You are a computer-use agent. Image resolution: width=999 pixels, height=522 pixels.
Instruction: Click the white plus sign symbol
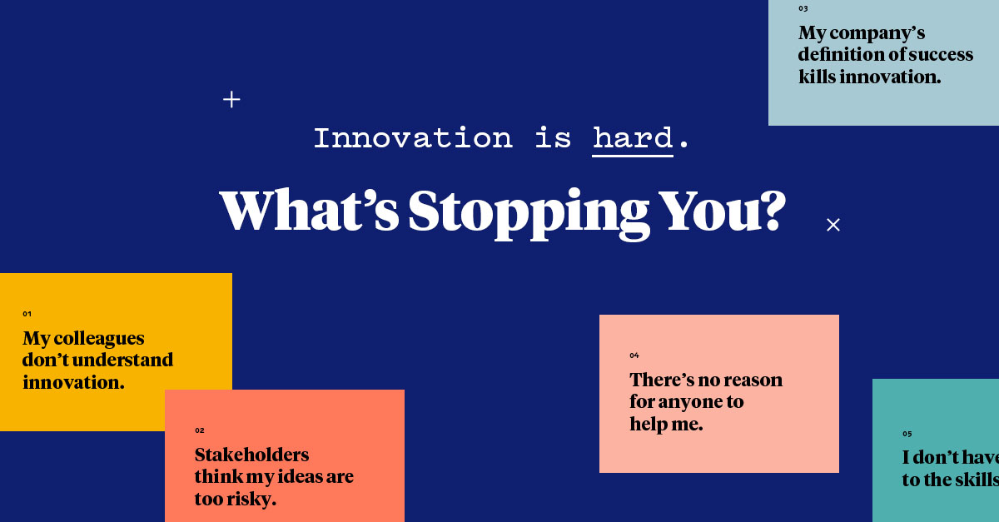point(231,100)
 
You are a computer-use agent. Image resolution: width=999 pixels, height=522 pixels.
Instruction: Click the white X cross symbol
point(833,225)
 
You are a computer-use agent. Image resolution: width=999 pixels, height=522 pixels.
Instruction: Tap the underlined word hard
point(633,137)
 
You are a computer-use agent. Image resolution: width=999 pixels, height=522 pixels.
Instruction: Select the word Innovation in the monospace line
point(413,137)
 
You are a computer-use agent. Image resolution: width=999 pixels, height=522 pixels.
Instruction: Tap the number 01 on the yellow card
point(27,314)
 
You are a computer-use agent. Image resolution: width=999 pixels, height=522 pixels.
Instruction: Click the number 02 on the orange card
point(200,430)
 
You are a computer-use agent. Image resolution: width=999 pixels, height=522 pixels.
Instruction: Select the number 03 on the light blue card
point(803,8)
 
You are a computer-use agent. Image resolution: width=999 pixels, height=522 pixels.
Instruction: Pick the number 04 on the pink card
point(634,355)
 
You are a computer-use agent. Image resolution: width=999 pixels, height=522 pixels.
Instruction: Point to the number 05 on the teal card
point(907,434)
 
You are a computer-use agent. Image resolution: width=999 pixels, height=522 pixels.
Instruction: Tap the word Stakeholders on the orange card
point(251,455)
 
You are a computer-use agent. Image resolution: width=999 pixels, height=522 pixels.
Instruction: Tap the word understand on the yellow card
point(120,360)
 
